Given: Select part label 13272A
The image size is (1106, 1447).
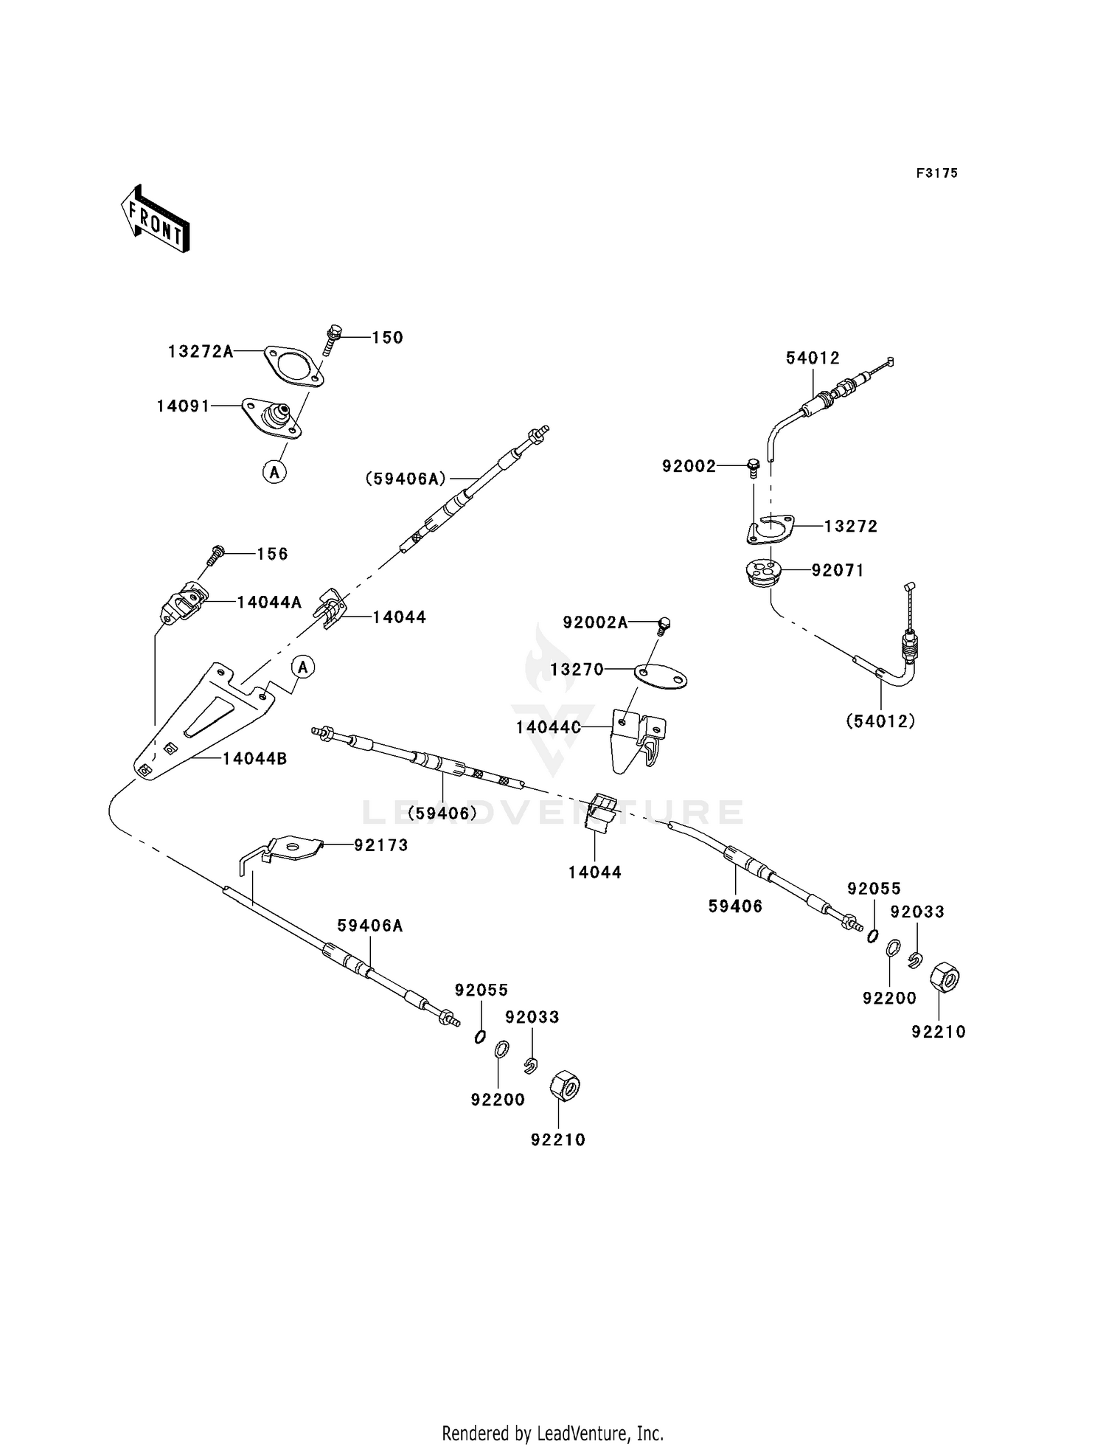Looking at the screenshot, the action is click(201, 351).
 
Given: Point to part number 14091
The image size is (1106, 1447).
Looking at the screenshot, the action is click(184, 406).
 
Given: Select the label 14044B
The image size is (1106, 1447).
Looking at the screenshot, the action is click(254, 757).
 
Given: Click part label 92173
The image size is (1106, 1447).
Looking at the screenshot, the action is click(380, 845).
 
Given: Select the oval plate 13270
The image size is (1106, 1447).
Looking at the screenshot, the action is click(660, 676).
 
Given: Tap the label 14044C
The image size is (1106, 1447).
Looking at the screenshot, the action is click(548, 727).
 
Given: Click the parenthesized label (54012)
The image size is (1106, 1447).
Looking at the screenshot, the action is click(880, 721).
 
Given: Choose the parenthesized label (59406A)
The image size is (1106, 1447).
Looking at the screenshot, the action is click(406, 479).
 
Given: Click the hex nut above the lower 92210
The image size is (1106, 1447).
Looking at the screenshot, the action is click(565, 1086).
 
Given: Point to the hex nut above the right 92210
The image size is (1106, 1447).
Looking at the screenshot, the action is click(946, 978).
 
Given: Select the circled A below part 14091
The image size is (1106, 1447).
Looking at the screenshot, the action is click(274, 471).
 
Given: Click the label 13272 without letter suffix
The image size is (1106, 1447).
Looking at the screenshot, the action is click(851, 527).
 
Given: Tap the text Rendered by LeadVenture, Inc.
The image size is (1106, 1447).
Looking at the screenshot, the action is click(553, 1434).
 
